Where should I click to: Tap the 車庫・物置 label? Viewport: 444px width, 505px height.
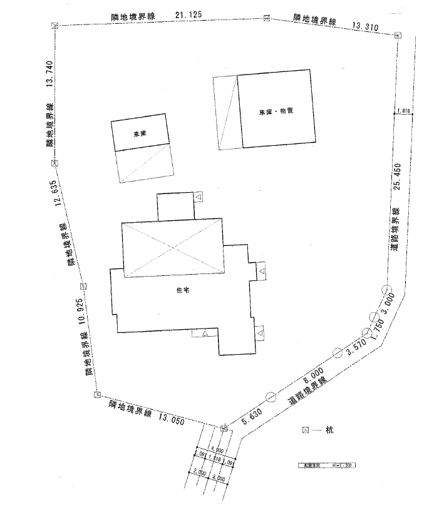click(x=276, y=111)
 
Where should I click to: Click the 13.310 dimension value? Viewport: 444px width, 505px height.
click(x=366, y=26)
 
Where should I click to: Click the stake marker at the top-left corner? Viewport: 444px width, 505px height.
click(x=54, y=26)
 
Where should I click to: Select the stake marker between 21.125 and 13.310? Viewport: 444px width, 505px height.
click(x=267, y=18)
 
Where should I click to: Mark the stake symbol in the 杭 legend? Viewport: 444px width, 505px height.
click(x=306, y=430)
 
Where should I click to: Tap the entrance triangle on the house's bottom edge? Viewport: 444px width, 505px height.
click(x=205, y=334)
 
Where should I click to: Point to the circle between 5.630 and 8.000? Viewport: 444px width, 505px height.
click(x=271, y=396)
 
